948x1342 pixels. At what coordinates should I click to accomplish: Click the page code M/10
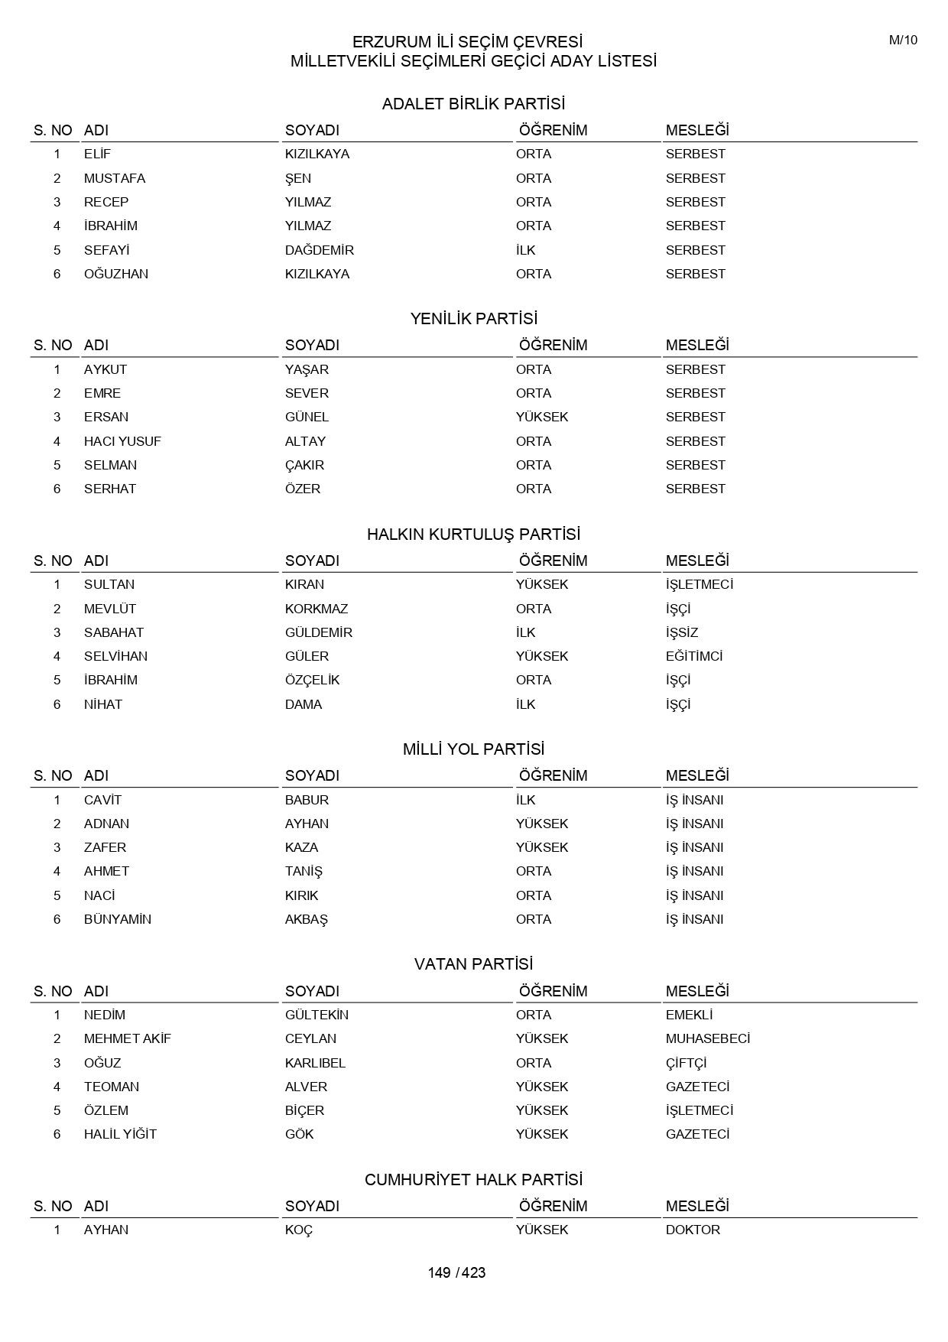coord(903,41)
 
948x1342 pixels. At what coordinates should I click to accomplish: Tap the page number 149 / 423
coord(456,1272)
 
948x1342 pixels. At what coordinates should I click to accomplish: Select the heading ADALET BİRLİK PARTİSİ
coord(473,104)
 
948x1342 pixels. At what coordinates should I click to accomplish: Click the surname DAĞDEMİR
coord(319,250)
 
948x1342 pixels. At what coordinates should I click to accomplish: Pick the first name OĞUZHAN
coord(116,274)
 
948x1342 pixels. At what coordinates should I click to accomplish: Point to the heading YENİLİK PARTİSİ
coord(473,319)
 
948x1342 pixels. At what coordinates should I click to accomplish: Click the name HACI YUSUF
coord(122,441)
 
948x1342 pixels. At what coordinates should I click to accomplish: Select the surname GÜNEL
coord(307,417)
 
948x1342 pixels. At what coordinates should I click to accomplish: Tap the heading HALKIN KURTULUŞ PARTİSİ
coord(473,535)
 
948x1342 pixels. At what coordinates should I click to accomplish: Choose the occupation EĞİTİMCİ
coord(693,656)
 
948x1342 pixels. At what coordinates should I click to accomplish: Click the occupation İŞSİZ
coord(681,632)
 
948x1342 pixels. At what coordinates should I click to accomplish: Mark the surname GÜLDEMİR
coord(318,632)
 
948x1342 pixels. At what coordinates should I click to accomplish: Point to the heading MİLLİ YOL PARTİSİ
coord(473,749)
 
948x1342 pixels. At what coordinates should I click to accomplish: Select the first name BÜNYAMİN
coord(118,919)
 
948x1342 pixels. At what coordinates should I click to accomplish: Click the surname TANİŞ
coord(304,871)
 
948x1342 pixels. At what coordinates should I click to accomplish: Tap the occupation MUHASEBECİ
coord(707,1038)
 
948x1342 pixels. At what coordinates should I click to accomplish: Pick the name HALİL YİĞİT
coord(120,1134)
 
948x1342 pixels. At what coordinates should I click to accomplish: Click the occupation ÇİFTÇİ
coord(686,1063)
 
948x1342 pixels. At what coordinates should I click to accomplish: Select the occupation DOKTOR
coord(693,1230)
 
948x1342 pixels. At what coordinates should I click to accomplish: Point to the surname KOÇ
coord(299,1230)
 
